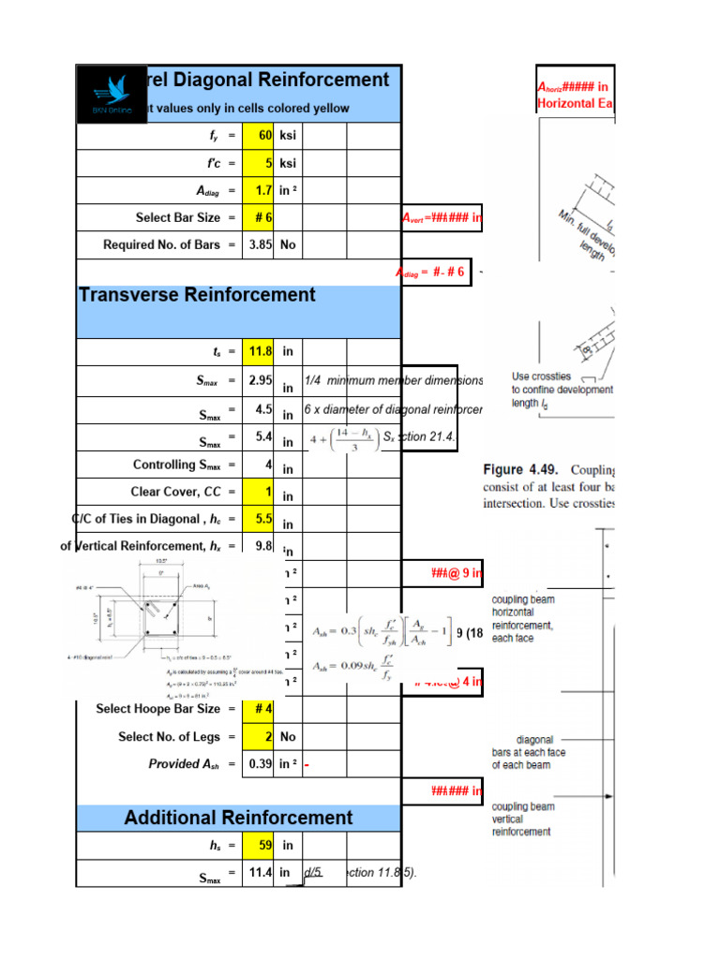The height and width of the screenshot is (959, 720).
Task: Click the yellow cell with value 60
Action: click(259, 136)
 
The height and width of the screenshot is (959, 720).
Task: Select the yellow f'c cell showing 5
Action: click(259, 163)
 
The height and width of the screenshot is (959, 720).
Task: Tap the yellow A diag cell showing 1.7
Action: click(259, 190)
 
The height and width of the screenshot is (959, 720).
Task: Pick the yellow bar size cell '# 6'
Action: click(259, 217)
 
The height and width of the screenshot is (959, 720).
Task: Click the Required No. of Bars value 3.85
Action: click(259, 244)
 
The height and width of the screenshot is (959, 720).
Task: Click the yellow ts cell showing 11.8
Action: click(259, 352)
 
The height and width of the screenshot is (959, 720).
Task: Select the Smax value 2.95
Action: click(259, 381)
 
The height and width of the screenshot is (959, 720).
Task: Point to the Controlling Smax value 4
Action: click(259, 465)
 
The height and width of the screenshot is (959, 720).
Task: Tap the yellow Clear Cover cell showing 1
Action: click(259, 492)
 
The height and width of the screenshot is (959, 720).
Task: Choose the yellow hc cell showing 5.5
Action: click(259, 519)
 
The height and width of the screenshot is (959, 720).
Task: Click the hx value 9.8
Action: click(259, 546)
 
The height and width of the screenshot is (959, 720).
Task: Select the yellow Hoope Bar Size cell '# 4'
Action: click(259, 709)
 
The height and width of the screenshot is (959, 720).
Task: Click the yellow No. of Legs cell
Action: click(259, 736)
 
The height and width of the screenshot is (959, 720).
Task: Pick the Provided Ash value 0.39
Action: click(259, 764)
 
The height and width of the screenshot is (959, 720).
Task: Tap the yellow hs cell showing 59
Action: click(259, 845)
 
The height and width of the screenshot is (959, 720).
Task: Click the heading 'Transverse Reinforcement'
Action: click(197, 295)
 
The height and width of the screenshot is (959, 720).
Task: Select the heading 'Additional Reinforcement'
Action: click(238, 818)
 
